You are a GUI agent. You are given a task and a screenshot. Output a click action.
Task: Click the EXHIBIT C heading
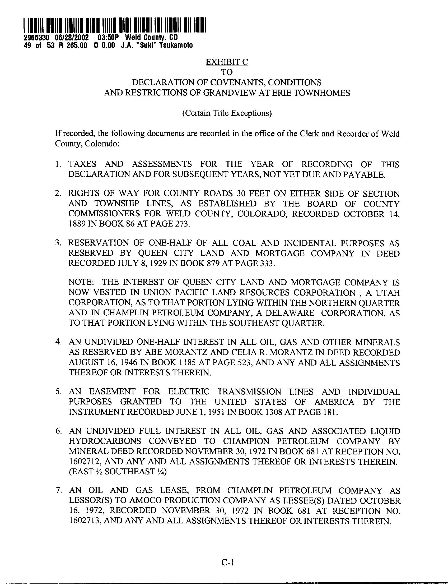[x=226, y=62]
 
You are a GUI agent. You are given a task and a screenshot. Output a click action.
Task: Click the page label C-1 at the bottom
[x=227, y=563]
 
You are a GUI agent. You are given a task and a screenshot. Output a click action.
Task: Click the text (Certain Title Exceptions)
[x=227, y=113]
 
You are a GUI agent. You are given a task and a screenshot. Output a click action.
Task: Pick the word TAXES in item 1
[x=82, y=164]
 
